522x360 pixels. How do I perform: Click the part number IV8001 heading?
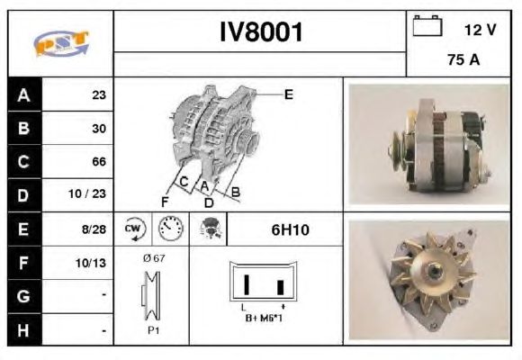point(261,32)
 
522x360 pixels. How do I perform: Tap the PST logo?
point(61,43)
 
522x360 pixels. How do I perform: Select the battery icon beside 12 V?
point(427,25)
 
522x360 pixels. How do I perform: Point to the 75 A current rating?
point(463,59)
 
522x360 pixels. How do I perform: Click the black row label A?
point(24,95)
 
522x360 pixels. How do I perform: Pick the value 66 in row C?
point(99,161)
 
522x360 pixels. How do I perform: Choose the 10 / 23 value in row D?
point(87,193)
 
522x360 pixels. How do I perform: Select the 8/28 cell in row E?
point(94,229)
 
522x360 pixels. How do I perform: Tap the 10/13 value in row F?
point(91,263)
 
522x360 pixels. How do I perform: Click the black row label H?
point(24,330)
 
